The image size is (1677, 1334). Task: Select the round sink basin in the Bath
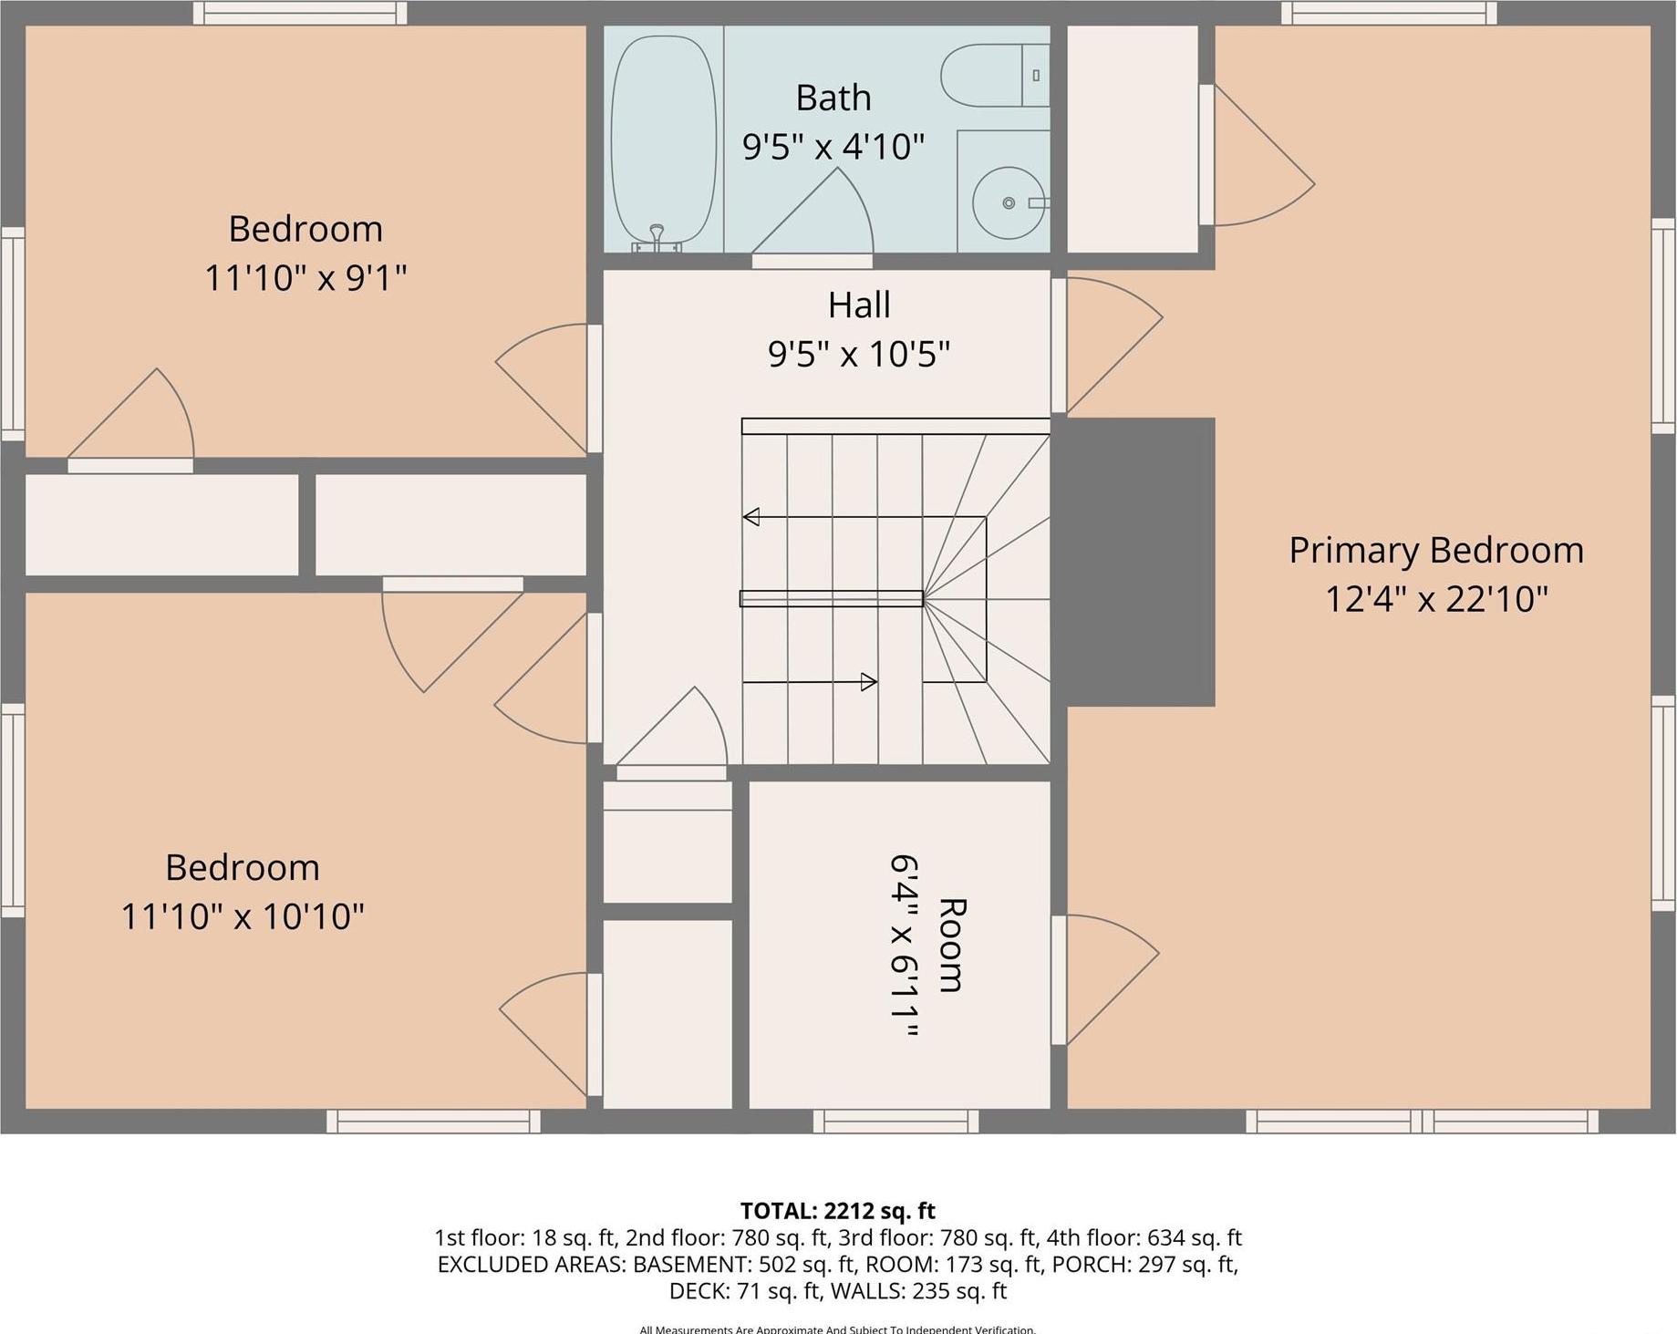point(1008,202)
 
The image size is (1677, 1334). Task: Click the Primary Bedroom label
point(1435,550)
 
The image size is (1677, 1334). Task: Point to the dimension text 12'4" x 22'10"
point(1435,599)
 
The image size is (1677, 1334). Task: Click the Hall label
point(859,305)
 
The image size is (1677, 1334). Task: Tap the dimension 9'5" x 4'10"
point(833,146)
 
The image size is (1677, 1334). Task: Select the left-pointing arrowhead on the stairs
point(751,517)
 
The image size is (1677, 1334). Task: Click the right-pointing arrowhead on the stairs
point(869,681)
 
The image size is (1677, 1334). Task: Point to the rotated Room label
point(951,944)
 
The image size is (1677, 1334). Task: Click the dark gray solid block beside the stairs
point(1140,561)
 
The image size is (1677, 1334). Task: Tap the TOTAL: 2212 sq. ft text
point(837,1211)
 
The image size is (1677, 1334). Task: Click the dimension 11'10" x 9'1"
point(305,277)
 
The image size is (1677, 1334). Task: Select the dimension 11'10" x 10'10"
point(243,915)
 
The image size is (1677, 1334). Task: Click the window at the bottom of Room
point(895,1121)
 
